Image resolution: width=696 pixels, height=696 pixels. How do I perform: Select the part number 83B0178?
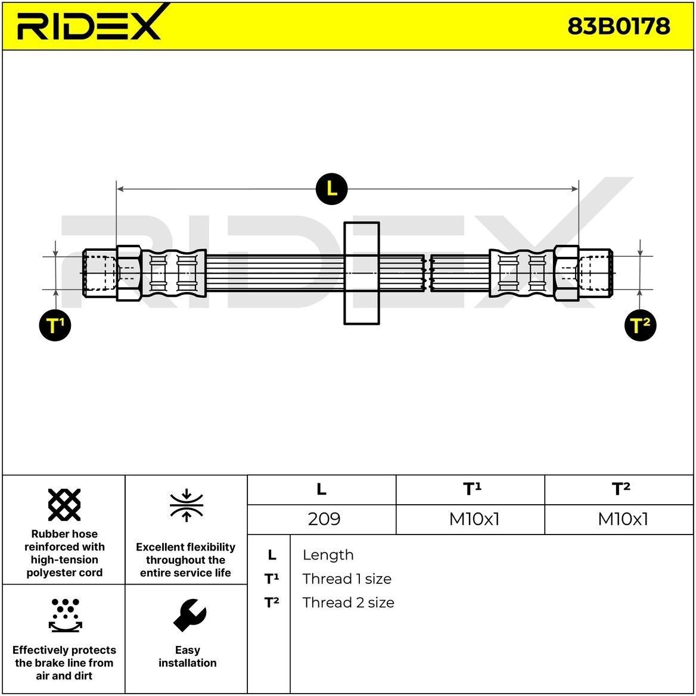[619, 26]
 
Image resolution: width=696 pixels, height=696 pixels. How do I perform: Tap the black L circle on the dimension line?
[331, 189]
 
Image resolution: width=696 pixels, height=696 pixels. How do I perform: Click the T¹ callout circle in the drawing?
[55, 325]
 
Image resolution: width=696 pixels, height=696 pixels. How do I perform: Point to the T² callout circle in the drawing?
[640, 325]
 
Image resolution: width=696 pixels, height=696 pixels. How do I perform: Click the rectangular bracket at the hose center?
[362, 273]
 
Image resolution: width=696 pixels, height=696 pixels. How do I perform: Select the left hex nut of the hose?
[129, 273]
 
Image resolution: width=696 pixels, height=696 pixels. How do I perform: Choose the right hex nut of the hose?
[566, 273]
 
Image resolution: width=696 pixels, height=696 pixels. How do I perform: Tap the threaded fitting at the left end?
[100, 273]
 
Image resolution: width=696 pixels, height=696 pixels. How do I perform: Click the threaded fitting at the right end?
[596, 273]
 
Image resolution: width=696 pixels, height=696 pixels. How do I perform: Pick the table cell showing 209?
[324, 519]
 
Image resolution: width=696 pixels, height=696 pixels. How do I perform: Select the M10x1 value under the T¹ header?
[474, 519]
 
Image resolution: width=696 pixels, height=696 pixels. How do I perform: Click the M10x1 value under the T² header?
[623, 519]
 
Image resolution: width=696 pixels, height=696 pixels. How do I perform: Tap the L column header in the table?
[321, 489]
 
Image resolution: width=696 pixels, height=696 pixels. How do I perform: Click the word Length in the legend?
[328, 555]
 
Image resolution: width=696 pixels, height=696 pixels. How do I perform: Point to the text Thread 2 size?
[349, 602]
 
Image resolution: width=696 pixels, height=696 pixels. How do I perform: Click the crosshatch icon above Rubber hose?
[64, 505]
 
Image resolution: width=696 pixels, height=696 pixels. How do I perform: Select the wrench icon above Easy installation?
[189, 615]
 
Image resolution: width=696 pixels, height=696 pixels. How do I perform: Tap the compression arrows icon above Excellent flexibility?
[187, 505]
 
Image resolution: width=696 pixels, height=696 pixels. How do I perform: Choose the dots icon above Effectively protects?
[66, 615]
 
